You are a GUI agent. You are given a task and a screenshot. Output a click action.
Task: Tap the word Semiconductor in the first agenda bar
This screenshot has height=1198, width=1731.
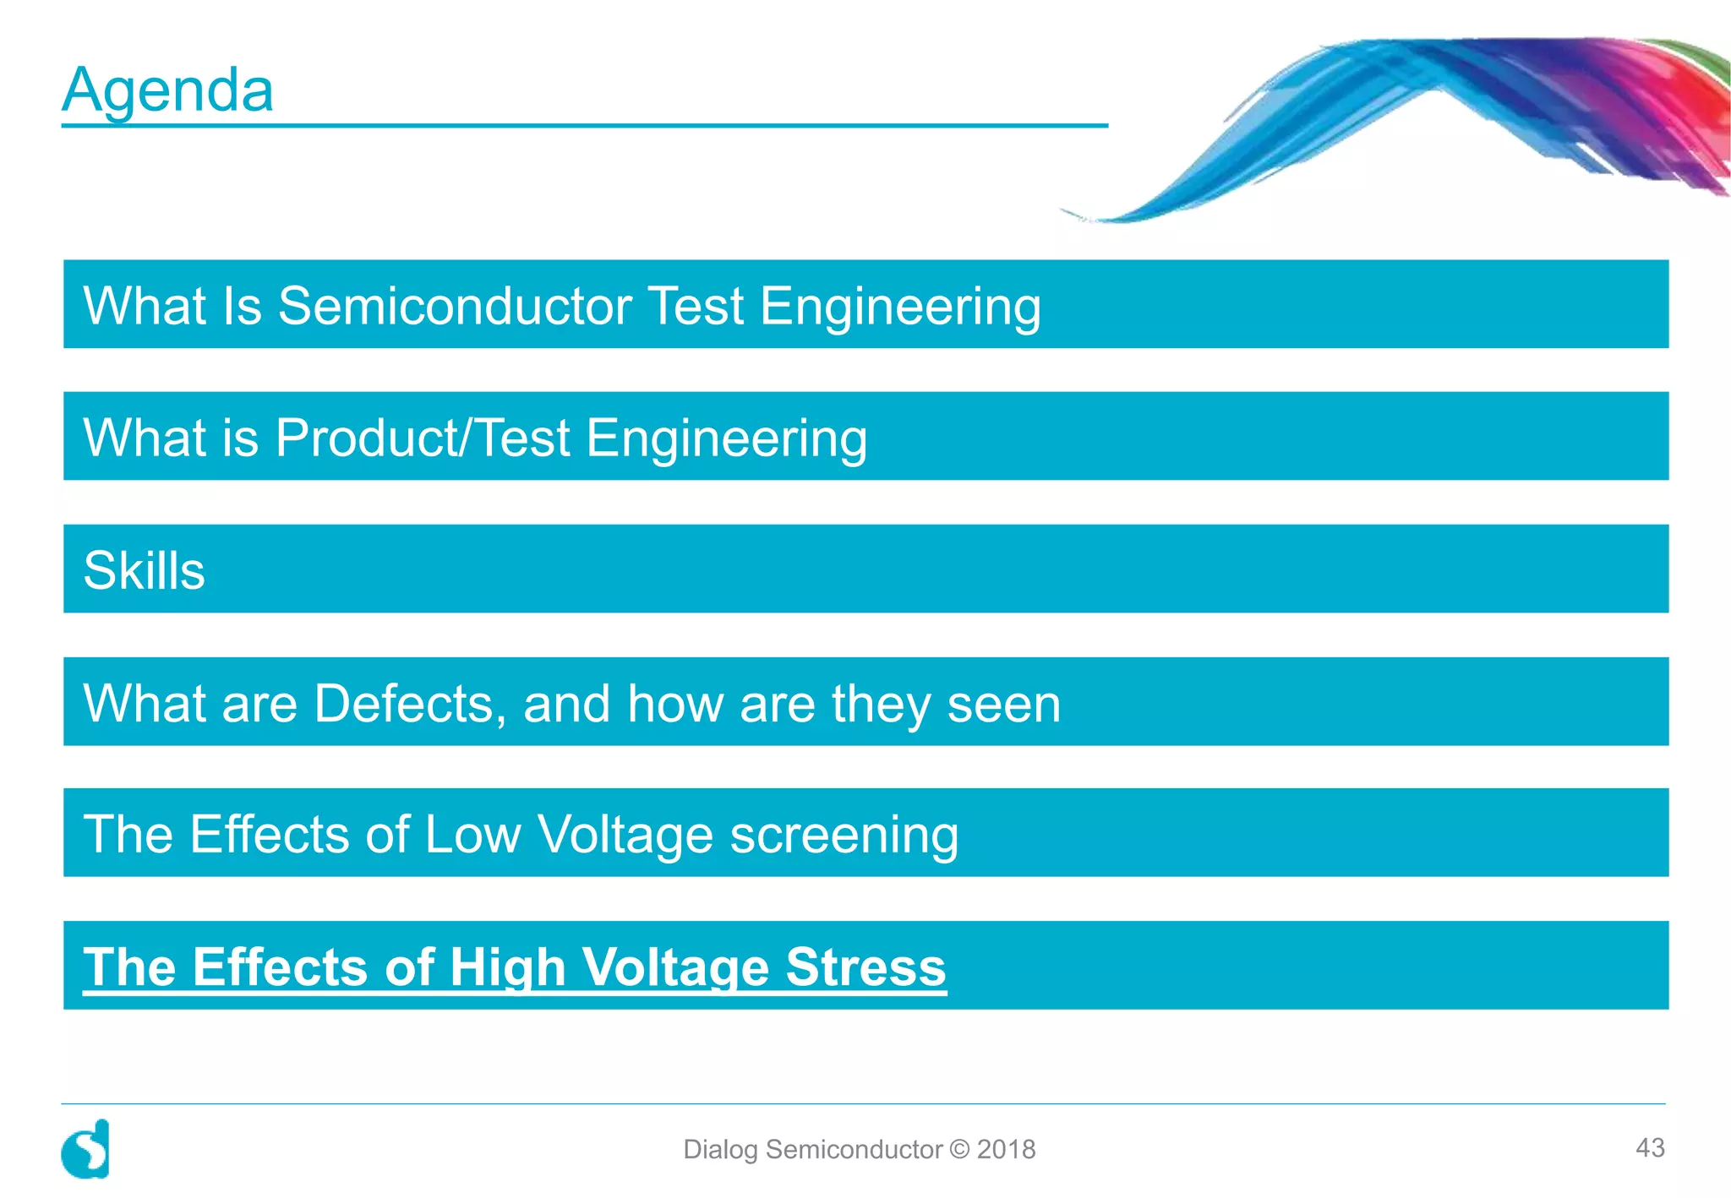[x=455, y=306]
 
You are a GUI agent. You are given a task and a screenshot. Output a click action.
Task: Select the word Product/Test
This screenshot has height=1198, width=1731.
[x=423, y=438]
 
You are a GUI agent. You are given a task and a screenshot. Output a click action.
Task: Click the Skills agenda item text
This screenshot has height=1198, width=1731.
[x=144, y=570]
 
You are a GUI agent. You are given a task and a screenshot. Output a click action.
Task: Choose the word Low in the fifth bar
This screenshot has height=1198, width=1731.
[x=473, y=835]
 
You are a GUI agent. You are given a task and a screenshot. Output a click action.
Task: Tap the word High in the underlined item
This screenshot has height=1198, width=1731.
[x=507, y=967]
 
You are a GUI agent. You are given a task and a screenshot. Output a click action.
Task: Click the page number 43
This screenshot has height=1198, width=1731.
[x=1650, y=1147]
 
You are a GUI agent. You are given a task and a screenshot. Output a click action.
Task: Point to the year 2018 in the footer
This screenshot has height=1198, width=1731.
[x=1006, y=1150]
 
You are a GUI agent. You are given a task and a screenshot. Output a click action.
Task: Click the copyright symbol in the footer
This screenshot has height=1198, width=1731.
[x=959, y=1150]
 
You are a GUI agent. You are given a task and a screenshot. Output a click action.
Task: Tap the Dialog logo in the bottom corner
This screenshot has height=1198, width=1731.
[x=85, y=1150]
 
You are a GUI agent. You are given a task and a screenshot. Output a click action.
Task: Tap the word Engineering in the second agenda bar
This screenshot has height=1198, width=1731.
[x=726, y=439]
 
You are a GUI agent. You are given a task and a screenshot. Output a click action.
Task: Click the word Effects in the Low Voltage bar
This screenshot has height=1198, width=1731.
[x=270, y=835]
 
